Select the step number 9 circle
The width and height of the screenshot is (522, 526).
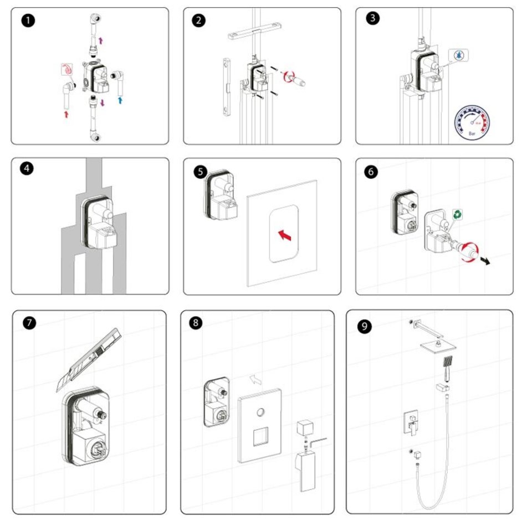point(364,326)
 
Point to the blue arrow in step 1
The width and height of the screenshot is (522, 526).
point(120,100)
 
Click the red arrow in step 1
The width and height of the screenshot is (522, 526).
point(67,114)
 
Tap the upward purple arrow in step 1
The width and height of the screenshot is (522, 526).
point(101,40)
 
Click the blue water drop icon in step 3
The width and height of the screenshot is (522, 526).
point(460,56)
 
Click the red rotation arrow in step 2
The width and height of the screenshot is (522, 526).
point(289,76)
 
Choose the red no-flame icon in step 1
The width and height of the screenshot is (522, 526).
point(67,70)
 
